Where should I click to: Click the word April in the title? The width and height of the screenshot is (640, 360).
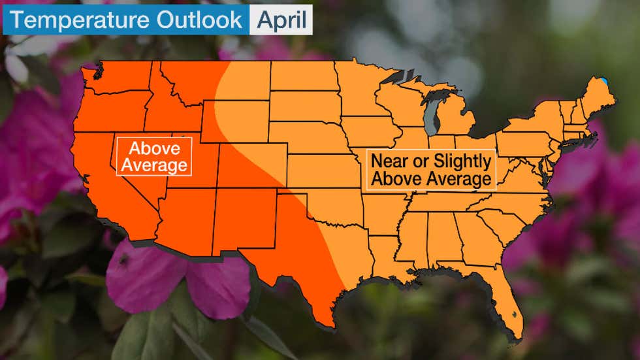tap(281, 20)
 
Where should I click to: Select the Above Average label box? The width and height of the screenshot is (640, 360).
tap(154, 156)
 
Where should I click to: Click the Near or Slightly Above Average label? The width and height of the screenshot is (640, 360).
tap(430, 169)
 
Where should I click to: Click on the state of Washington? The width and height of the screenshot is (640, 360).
tap(116, 80)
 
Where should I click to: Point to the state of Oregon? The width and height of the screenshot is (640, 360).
tap(108, 112)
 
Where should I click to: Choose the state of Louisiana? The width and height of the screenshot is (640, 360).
tap(390, 257)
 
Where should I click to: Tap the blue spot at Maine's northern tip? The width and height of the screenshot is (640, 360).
tap(604, 82)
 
